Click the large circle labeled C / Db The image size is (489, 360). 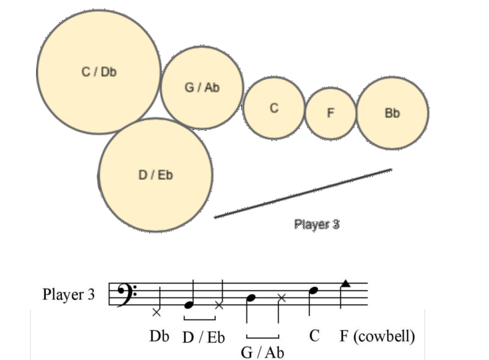point(99,72)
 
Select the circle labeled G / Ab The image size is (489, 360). point(201,88)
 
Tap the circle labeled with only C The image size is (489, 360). point(274,108)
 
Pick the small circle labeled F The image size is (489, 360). point(330,113)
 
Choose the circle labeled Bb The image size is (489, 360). point(392,113)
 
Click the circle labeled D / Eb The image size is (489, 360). point(156,175)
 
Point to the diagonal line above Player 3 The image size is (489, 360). point(303,193)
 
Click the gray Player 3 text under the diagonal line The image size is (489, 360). point(317,225)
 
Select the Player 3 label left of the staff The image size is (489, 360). point(69,294)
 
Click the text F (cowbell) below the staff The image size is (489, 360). point(377,336)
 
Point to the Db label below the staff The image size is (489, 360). point(160,337)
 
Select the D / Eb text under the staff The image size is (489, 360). point(203,337)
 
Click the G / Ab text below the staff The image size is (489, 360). point(262,352)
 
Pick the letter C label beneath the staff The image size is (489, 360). point(314,336)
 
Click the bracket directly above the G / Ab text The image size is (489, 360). point(262,337)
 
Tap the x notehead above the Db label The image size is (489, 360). point(157,311)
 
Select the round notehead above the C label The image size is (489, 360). point(314,291)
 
